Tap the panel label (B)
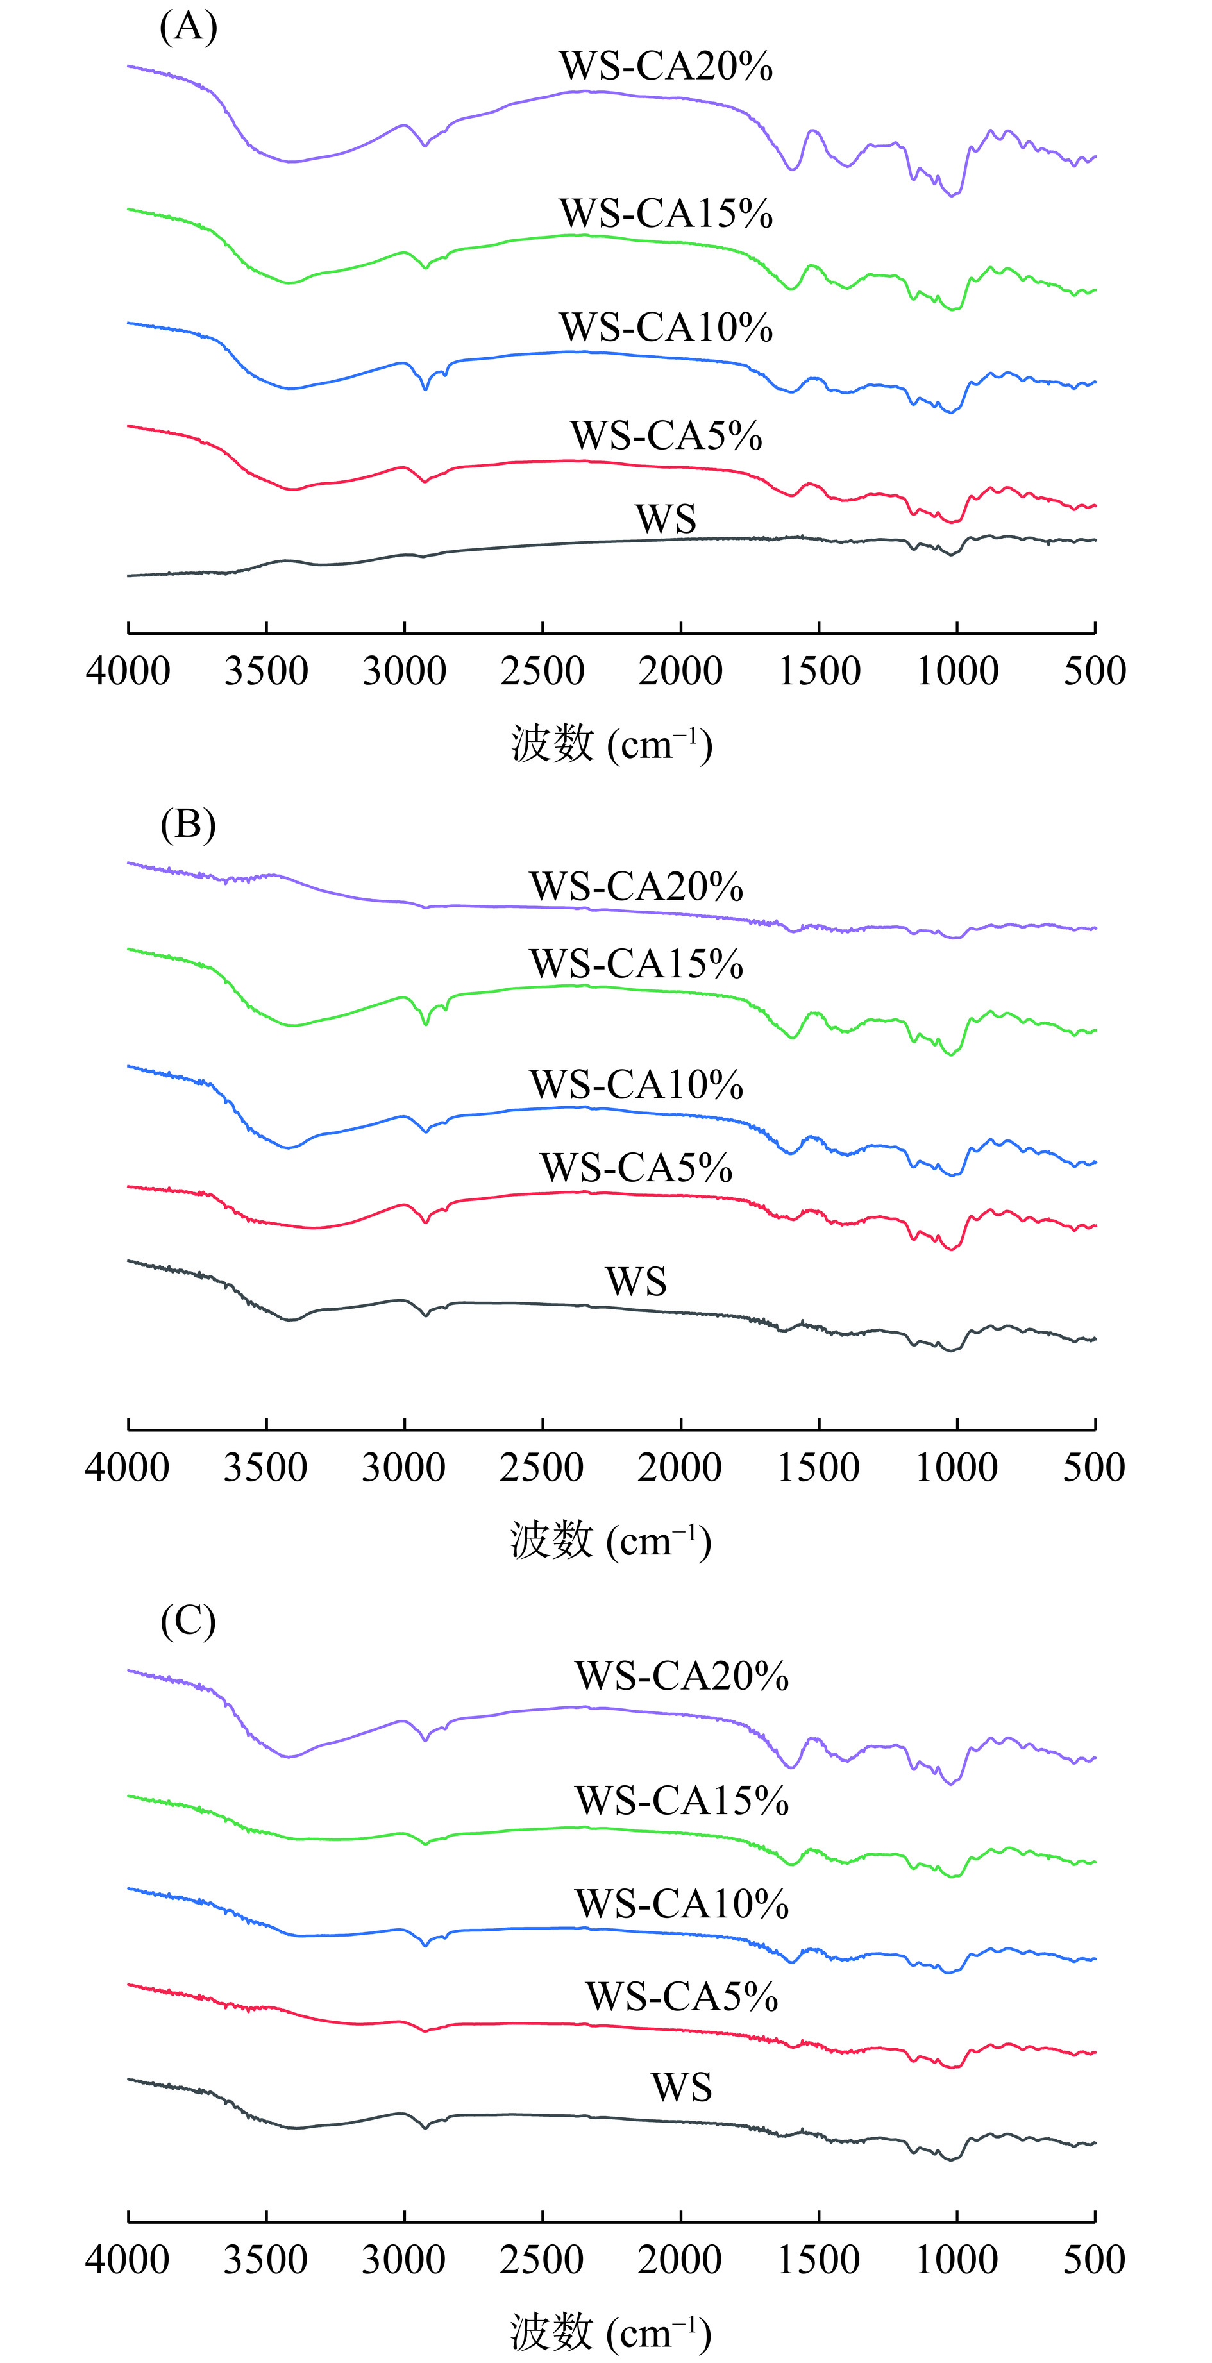(x=188, y=824)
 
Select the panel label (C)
(x=188, y=1621)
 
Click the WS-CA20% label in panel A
(x=666, y=66)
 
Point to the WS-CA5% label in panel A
(x=666, y=435)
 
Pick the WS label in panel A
(x=666, y=519)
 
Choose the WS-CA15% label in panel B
(x=635, y=964)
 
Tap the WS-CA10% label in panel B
(x=635, y=1085)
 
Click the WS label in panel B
(x=635, y=1281)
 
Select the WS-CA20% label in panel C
(x=682, y=1676)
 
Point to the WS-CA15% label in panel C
(x=682, y=1801)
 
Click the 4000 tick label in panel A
(x=128, y=671)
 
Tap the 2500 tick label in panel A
(x=543, y=671)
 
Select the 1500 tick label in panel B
(x=818, y=1467)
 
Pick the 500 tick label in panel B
(x=1095, y=1467)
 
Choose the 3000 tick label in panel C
(x=404, y=2259)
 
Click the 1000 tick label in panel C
(x=957, y=2259)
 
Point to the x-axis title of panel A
(x=611, y=744)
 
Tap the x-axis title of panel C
(x=611, y=2331)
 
